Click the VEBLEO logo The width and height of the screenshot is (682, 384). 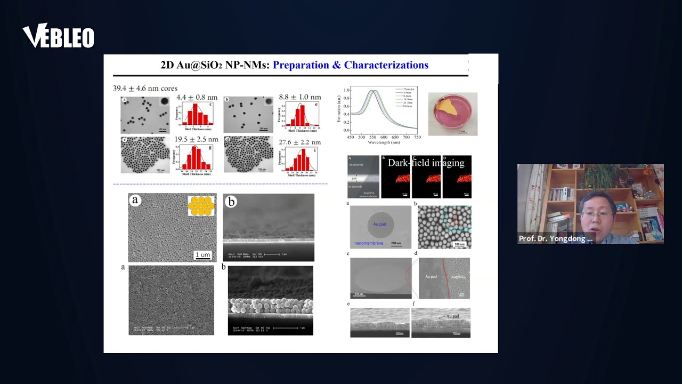tap(58, 36)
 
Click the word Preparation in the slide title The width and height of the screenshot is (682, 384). tap(301, 65)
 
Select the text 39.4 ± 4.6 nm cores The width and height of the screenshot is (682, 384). tap(145, 89)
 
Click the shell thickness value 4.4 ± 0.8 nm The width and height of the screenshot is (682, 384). tap(197, 97)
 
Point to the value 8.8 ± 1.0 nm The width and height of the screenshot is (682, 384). tap(299, 97)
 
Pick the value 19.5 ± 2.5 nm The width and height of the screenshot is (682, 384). tap(197, 140)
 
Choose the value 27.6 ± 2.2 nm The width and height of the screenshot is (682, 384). tap(299, 142)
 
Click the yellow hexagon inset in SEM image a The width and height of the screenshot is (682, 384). tap(201, 205)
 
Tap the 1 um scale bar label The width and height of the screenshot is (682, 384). tap(202, 254)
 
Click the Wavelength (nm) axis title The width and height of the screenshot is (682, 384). tap(380, 142)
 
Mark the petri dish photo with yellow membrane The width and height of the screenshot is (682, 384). tap(452, 114)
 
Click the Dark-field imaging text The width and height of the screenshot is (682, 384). tap(426, 163)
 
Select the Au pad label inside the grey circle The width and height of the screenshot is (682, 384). tap(379, 224)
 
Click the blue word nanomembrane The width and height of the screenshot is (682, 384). tap(369, 243)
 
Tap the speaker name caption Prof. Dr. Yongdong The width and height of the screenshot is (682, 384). tap(555, 238)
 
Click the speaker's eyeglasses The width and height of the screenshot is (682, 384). tap(597, 214)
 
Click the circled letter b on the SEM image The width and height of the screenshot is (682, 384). tap(231, 202)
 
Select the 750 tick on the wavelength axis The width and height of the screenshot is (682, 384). tap(417, 137)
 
